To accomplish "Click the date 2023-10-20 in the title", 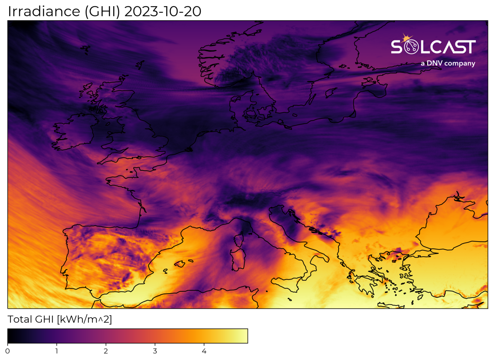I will click(162, 12).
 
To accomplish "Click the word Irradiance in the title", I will click(44, 12).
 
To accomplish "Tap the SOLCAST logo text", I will click(433, 47).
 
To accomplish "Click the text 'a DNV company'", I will click(448, 63).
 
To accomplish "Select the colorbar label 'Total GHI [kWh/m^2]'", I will click(60, 319).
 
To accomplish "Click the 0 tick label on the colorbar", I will click(8, 351).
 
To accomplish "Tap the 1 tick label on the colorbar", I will click(57, 351).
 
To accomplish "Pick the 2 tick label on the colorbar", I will click(106, 351).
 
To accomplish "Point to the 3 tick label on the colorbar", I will click(155, 351).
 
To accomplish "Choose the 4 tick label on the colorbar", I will click(204, 351).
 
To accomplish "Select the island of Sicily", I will click(287, 283).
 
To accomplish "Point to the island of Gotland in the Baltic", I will click(330, 93).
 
